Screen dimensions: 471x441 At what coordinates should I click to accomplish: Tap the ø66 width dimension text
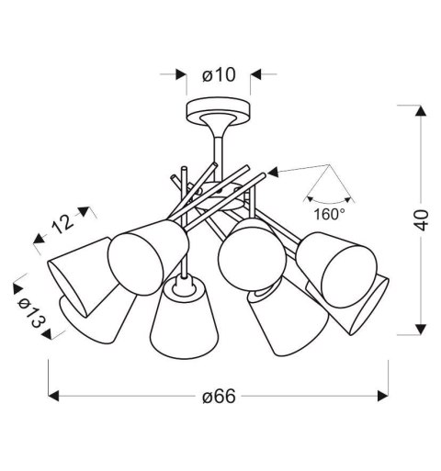pyautogui.click(x=218, y=397)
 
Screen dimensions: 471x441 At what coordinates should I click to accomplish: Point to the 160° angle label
pyautogui.click(x=329, y=214)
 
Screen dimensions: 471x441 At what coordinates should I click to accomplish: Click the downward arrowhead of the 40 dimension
pyautogui.click(x=419, y=328)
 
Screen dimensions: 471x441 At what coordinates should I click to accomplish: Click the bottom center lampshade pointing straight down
pyautogui.click(x=182, y=320)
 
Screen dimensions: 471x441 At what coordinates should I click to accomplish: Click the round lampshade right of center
pyautogui.click(x=245, y=253)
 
